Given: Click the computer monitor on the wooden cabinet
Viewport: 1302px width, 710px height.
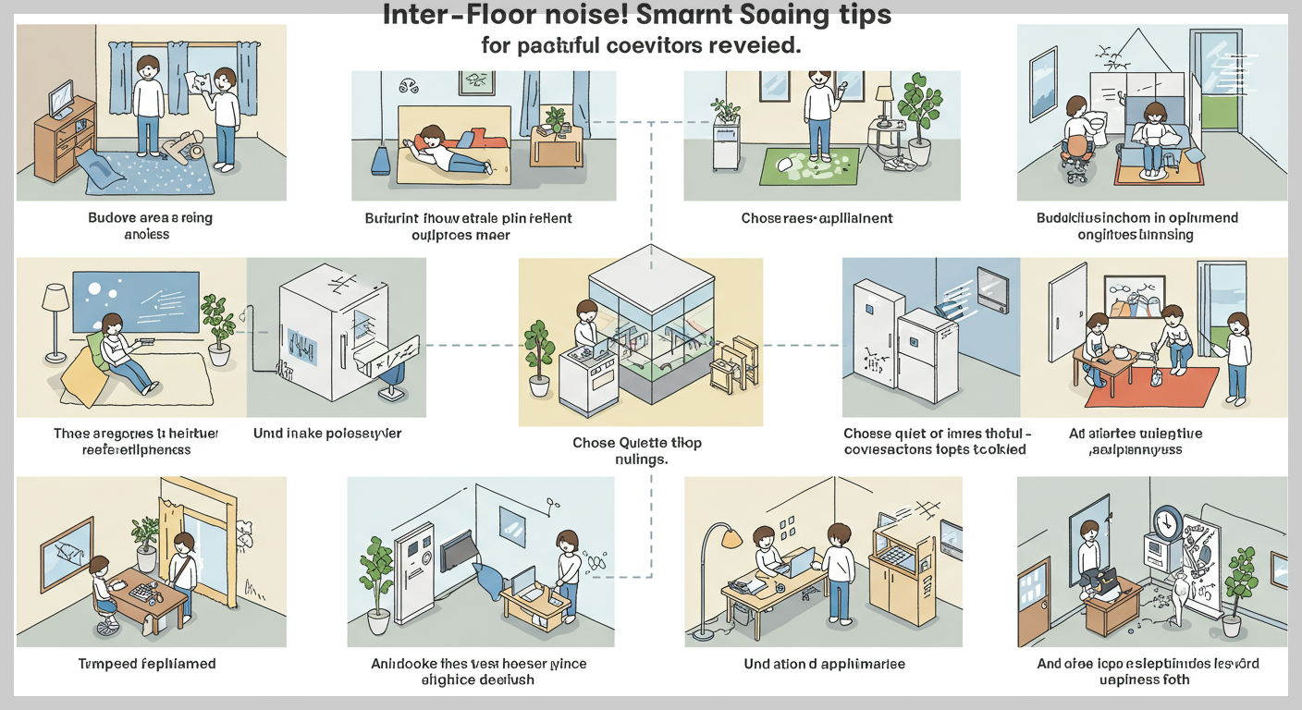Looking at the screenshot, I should [62, 98].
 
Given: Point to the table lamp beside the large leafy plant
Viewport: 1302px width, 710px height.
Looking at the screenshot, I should [883, 103].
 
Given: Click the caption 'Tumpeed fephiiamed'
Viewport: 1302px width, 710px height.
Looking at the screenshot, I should [149, 664].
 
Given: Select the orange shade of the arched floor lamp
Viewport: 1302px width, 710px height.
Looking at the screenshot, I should [731, 536].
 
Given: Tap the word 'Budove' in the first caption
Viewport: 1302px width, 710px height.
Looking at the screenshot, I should [112, 218].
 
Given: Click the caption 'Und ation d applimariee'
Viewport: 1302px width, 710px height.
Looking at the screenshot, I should [824, 664].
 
